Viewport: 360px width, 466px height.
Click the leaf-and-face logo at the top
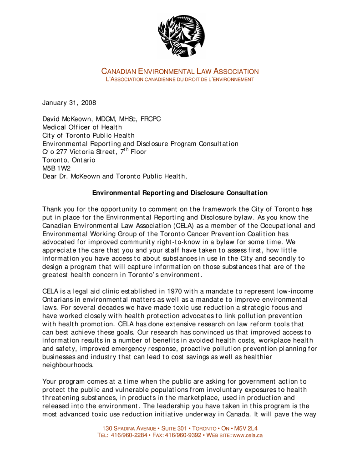pyautogui.click(x=181, y=35)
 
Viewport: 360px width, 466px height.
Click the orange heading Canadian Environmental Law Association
pyautogui.click(x=180, y=71)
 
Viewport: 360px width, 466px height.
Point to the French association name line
pyautogui.click(x=180, y=80)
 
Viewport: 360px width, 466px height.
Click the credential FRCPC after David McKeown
pyautogui.click(x=151, y=119)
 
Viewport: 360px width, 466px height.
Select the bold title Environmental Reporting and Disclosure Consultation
pyautogui.click(x=180, y=193)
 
